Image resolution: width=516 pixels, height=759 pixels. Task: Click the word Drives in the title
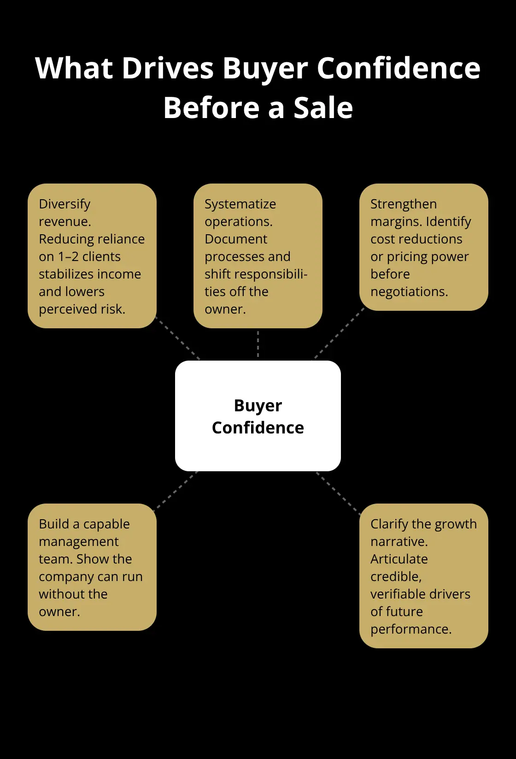167,68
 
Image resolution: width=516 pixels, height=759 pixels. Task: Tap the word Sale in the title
323,108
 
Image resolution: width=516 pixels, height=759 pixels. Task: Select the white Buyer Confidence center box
258,416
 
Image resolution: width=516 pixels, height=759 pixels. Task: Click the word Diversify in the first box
64,204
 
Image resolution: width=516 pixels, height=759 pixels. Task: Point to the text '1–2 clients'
89,256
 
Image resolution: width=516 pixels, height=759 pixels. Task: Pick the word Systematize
240,204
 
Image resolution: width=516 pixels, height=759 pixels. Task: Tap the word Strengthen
404,204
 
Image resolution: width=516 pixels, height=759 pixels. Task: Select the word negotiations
409,292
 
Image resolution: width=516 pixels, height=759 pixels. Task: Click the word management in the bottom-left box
78,542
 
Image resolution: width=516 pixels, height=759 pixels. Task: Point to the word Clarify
389,524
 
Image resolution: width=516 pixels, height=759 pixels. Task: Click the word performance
411,629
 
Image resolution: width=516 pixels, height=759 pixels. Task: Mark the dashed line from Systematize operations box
258,344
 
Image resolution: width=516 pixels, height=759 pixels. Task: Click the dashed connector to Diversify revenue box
178,338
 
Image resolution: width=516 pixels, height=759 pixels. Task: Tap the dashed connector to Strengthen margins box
339,333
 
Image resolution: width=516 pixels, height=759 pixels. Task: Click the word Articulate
399,559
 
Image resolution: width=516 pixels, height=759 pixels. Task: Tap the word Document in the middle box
236,239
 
